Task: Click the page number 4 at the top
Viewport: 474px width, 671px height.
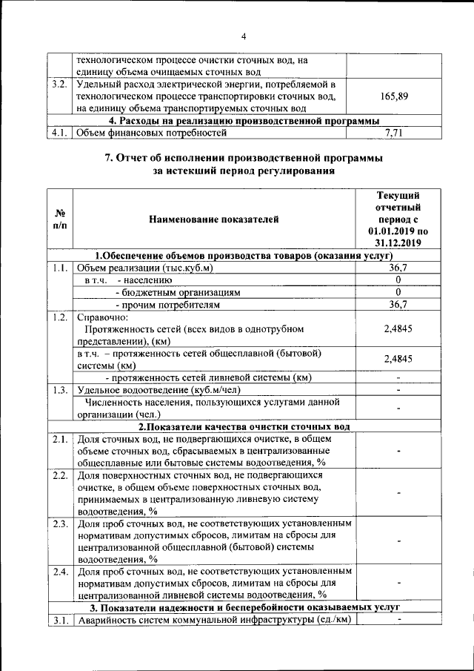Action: tap(243, 37)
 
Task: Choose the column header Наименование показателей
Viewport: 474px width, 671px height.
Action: tap(214, 219)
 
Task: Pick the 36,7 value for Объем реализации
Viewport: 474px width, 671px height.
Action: tap(398, 268)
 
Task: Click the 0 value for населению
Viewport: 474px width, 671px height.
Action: tap(398, 280)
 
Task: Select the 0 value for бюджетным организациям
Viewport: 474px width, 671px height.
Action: tap(398, 292)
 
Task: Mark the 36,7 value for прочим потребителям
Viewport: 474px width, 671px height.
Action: tap(398, 304)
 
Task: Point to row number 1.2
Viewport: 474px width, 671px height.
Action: tap(60, 317)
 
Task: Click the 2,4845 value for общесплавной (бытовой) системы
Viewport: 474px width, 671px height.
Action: tap(398, 359)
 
